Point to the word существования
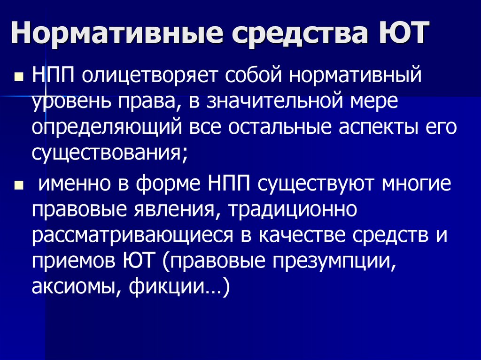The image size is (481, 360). [106, 154]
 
